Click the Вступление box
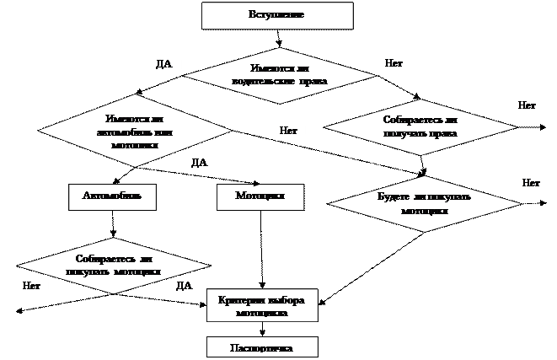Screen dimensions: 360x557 [x=276, y=15]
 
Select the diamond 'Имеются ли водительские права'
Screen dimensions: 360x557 [x=279, y=74]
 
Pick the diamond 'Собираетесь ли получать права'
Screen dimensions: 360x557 [x=420, y=126]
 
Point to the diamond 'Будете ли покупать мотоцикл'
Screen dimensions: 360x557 [x=424, y=203]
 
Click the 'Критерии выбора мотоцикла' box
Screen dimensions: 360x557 [x=262, y=306]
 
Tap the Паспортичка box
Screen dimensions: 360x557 [x=262, y=347]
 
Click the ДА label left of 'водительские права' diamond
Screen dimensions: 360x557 [x=167, y=65]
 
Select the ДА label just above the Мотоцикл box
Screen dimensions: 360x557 [x=202, y=163]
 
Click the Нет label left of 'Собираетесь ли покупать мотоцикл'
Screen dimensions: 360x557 [x=34, y=287]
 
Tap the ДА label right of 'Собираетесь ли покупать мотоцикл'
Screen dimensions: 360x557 [x=186, y=287]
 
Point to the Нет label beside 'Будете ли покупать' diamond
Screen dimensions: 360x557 [x=532, y=183]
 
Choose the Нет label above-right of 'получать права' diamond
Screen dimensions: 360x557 [x=528, y=106]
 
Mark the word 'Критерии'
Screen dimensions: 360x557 [x=238, y=301]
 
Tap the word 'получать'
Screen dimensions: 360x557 [x=401, y=133]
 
